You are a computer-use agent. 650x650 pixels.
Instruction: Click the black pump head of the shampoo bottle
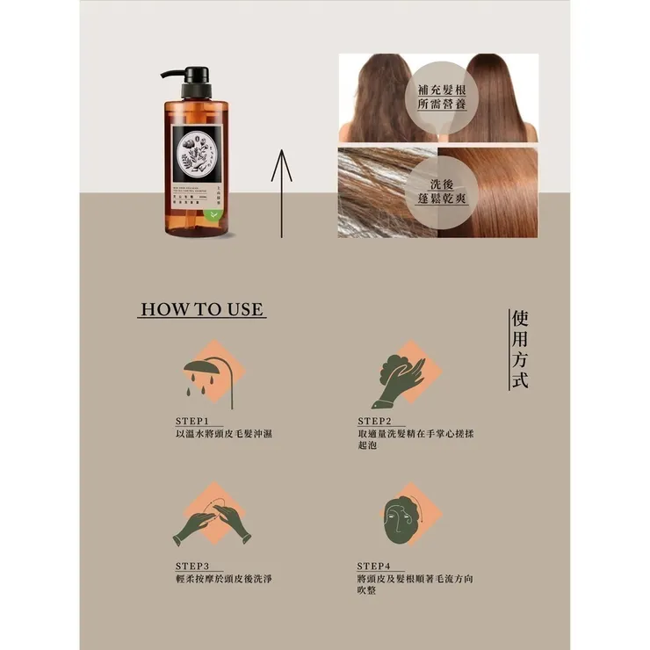click(x=193, y=81)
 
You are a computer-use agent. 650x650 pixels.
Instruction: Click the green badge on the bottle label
click(x=218, y=213)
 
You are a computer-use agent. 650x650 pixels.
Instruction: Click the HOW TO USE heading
click(x=202, y=309)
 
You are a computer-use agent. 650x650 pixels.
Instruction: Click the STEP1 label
click(x=193, y=421)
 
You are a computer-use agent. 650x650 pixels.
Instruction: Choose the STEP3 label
click(x=193, y=566)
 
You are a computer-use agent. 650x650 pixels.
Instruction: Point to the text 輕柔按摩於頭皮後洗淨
click(x=224, y=579)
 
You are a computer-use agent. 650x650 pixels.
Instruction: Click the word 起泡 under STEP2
click(x=369, y=447)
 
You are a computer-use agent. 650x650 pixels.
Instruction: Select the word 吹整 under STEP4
click(x=368, y=592)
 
